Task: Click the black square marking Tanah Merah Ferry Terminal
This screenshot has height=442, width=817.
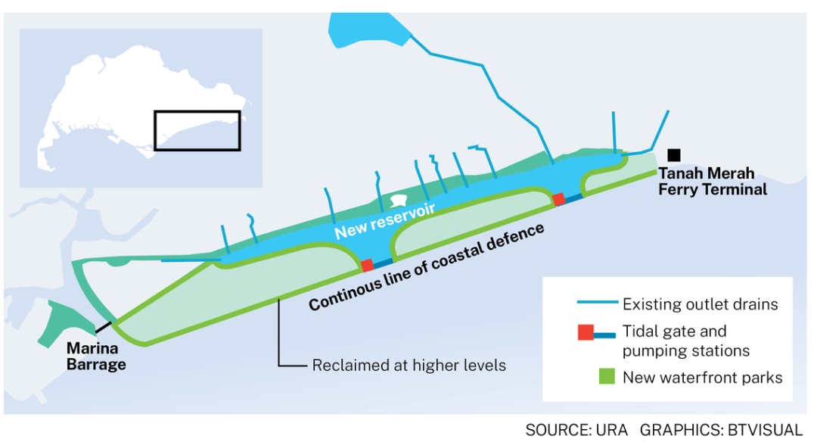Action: [674, 155]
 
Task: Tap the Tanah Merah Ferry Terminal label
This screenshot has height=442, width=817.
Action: [713, 181]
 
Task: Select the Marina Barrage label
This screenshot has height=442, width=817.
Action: [96, 356]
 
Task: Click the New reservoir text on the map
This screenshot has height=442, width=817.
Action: [384, 222]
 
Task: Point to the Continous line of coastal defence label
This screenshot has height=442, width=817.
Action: [426, 266]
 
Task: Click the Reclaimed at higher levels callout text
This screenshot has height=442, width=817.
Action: [409, 365]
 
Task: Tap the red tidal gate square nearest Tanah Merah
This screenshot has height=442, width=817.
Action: [558, 198]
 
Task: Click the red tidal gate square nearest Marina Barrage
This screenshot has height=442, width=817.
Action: [368, 265]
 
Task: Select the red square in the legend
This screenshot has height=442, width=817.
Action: [586, 332]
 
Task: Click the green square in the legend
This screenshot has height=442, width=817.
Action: [607, 376]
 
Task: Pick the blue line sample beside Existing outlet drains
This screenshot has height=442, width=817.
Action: [597, 302]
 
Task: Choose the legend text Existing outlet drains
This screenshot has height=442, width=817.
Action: [701, 304]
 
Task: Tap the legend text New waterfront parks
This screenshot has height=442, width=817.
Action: [702, 377]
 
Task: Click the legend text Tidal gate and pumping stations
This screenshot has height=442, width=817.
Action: [685, 341]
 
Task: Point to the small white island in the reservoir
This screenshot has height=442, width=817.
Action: [398, 201]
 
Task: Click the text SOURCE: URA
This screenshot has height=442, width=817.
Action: [576, 430]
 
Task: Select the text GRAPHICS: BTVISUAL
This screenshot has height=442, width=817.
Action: [721, 430]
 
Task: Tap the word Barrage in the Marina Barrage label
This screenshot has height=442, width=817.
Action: [96, 364]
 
